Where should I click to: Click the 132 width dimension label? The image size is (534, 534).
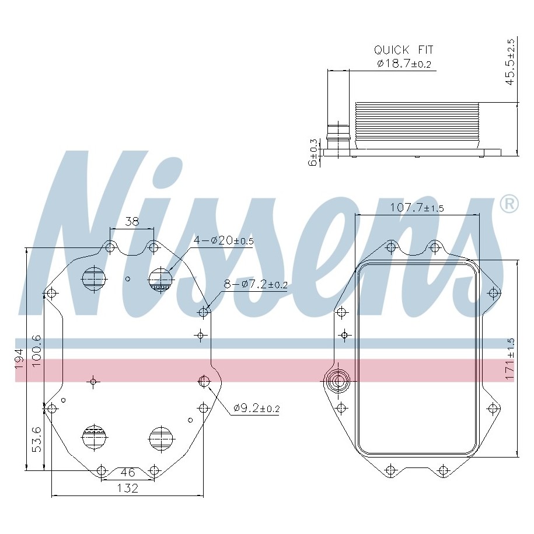click(x=128, y=488)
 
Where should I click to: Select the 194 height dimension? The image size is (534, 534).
click(x=19, y=358)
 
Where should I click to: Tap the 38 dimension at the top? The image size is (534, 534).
click(x=132, y=222)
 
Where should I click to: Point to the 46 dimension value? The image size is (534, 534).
click(x=128, y=472)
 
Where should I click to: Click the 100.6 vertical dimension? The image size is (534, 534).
click(x=36, y=351)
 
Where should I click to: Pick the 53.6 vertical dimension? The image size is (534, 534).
click(x=36, y=439)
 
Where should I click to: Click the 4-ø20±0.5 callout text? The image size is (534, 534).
click(x=224, y=241)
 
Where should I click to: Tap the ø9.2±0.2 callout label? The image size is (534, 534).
click(x=256, y=408)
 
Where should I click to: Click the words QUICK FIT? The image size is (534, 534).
click(x=404, y=50)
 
